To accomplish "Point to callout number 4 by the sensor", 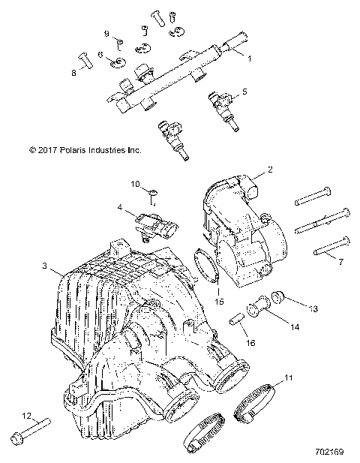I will [119, 206].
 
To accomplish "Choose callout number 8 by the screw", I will [73, 73].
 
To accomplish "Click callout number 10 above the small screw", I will [136, 184].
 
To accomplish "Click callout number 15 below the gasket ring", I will [220, 301].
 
